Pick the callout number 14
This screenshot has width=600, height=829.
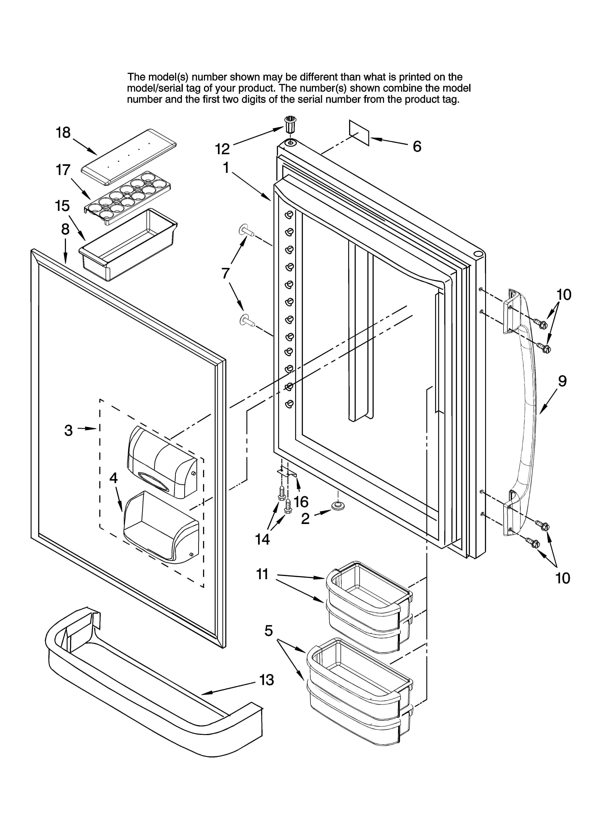[262, 539]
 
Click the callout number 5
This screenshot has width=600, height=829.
[269, 630]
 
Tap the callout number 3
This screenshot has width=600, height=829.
[68, 431]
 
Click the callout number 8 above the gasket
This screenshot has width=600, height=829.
[65, 229]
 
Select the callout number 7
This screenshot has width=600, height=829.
[225, 273]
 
